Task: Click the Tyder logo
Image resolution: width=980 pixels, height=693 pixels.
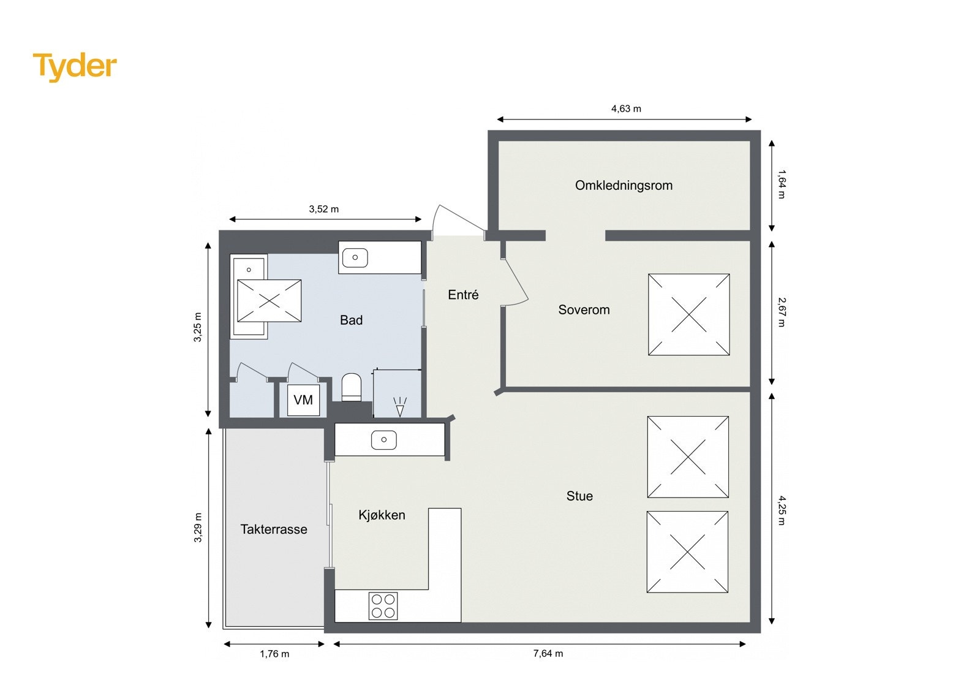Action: [x=75, y=66]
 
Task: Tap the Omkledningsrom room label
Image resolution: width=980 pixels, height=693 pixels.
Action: [x=624, y=186]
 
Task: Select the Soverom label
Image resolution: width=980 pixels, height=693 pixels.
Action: [x=584, y=310]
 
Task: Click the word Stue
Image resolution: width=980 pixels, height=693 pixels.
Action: [x=579, y=496]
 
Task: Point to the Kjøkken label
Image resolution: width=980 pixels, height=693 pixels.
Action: [x=382, y=515]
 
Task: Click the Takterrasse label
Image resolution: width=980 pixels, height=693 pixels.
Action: [x=274, y=529]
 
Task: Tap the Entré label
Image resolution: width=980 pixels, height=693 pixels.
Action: [x=463, y=295]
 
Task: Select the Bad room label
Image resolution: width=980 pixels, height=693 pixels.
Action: [x=351, y=320]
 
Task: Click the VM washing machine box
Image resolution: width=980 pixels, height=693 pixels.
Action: [x=303, y=401]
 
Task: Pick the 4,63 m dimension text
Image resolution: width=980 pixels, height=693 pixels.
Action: [x=626, y=109]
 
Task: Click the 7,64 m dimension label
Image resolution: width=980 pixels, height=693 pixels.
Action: [x=548, y=654]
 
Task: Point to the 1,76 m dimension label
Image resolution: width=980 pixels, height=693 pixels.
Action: [x=274, y=654]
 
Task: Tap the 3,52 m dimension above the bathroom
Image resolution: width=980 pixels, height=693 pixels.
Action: [x=323, y=210]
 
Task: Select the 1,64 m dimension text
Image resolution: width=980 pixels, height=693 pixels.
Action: [x=782, y=184]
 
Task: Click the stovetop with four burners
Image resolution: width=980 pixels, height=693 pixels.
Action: [x=383, y=606]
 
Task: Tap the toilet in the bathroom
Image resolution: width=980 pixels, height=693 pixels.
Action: [x=351, y=387]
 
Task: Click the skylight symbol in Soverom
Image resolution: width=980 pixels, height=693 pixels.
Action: [x=688, y=315]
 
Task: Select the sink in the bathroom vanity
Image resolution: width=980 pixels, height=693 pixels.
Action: [x=355, y=258]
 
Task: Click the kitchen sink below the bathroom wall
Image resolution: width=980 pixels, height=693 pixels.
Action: [x=384, y=440]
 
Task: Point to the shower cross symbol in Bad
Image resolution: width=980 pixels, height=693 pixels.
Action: [x=269, y=301]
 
